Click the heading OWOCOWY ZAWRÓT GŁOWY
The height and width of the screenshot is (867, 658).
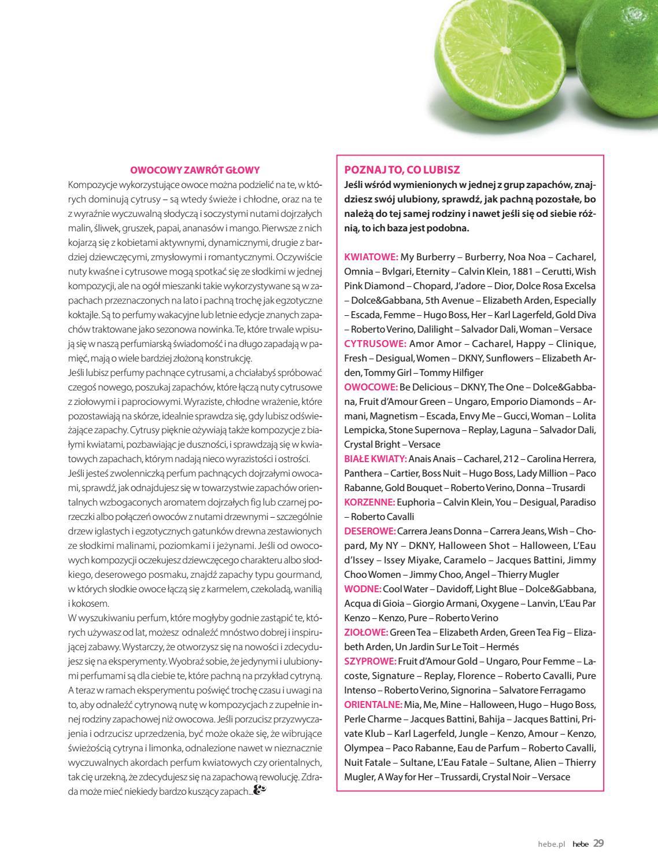click(x=195, y=170)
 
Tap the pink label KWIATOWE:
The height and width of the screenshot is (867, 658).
click(x=371, y=257)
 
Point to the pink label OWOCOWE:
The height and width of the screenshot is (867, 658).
click(x=371, y=387)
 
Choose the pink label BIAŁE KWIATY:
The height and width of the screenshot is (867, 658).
click(x=375, y=459)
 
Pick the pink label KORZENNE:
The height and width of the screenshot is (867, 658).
click(x=369, y=502)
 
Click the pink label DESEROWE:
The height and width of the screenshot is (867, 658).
click(x=369, y=531)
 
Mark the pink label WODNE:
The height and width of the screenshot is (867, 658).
click(x=363, y=589)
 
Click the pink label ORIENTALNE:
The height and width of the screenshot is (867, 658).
click(x=373, y=704)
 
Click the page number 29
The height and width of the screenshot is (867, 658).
click(x=598, y=843)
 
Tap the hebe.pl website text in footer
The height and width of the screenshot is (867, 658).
click(x=550, y=844)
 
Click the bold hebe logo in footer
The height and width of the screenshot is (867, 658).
click(x=581, y=844)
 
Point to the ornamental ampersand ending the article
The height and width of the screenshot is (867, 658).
click(x=260, y=790)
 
